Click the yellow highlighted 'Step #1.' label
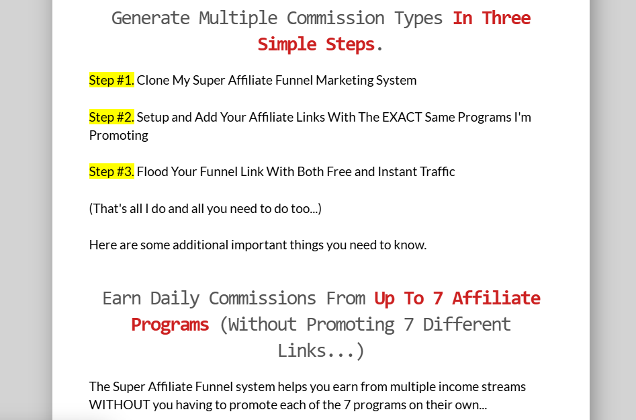tap(111, 80)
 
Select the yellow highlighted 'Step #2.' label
tap(111, 117)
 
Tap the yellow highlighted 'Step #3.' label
tap(111, 171)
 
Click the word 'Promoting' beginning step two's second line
tap(119, 136)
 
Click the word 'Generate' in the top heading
tap(150, 18)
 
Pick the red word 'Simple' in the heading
tap(287, 44)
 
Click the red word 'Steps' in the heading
tap(350, 44)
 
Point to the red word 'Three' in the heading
tap(506, 18)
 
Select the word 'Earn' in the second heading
tap(122, 298)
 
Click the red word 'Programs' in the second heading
tap(170, 325)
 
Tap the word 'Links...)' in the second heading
tap(321, 351)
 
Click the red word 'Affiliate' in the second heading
tap(496, 298)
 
